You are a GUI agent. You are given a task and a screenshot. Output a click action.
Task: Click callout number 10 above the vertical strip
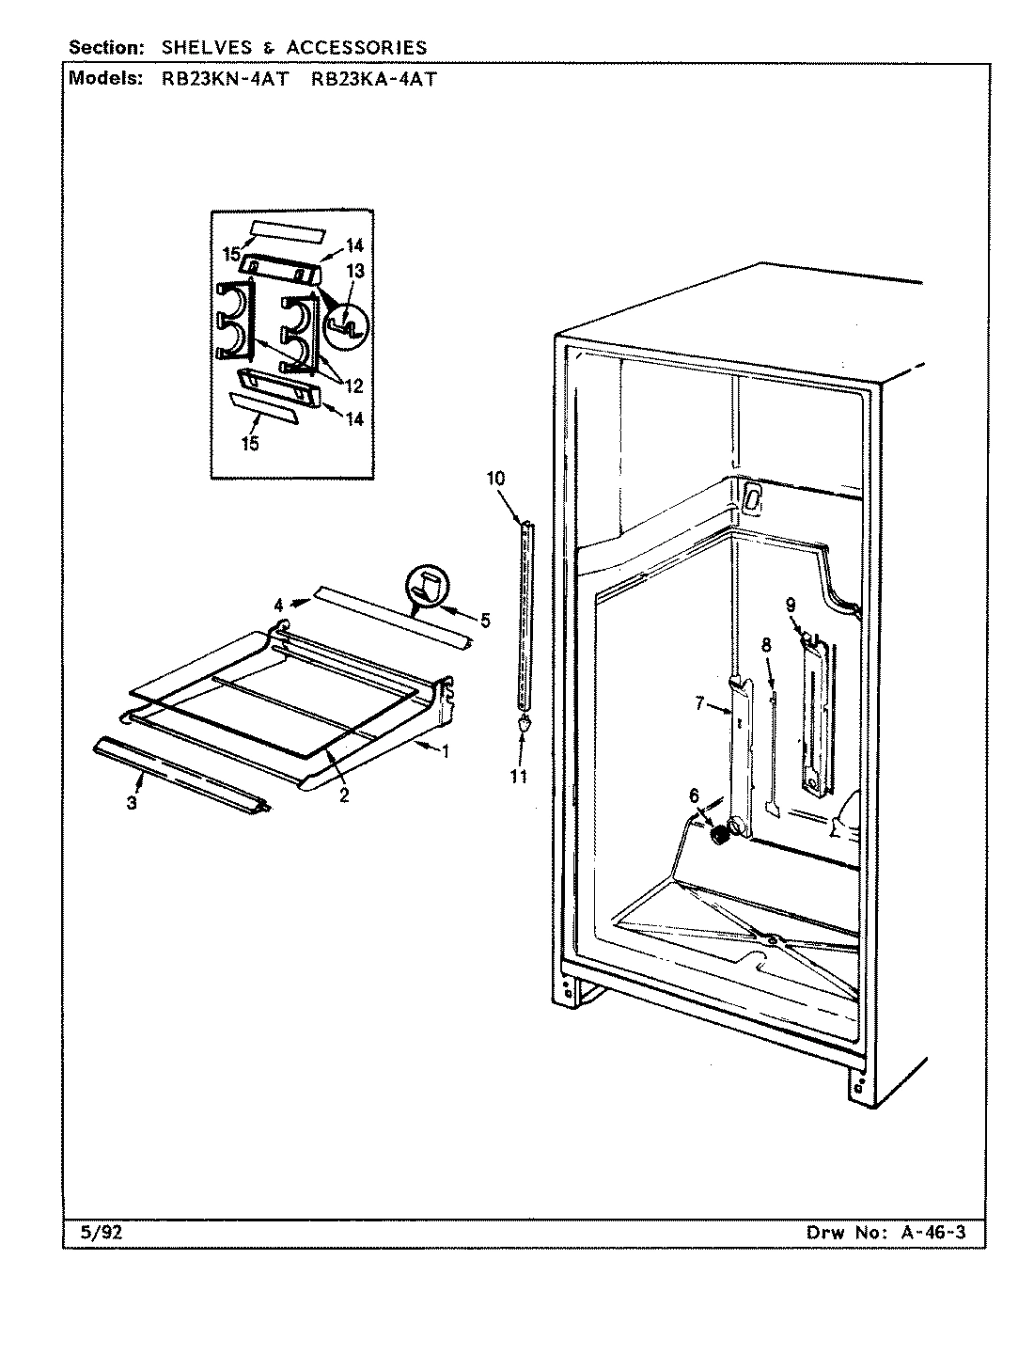pyautogui.click(x=495, y=479)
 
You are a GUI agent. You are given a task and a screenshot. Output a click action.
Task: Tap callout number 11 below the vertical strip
pyautogui.click(x=518, y=776)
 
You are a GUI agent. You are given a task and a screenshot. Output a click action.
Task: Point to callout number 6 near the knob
pyautogui.click(x=694, y=795)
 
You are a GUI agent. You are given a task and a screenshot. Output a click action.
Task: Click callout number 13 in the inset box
pyautogui.click(x=354, y=271)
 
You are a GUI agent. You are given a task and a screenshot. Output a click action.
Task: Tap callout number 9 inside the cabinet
pyautogui.click(x=791, y=606)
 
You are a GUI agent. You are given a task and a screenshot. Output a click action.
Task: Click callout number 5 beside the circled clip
pyautogui.click(x=485, y=620)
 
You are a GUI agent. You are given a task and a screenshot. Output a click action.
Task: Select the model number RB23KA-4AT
pyautogui.click(x=373, y=80)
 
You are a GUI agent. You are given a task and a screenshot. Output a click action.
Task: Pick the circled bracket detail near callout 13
pyautogui.click(x=346, y=323)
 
